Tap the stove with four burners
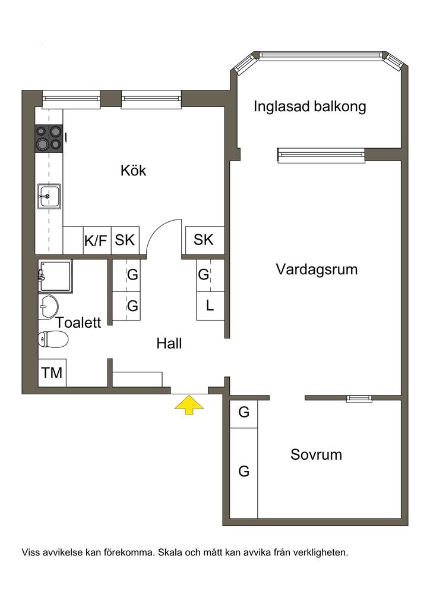tap(49, 137)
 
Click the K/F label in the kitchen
tap(96, 240)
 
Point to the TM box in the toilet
tap(52, 373)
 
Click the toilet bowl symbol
tap(53, 340)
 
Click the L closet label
tap(210, 306)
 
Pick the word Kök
tap(133, 171)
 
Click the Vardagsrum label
tap(317, 269)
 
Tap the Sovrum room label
tap(316, 455)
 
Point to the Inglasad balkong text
tap(309, 107)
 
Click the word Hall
tap(169, 343)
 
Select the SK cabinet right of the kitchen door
tap(204, 240)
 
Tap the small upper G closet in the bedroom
tap(244, 412)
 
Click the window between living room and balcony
tap(321, 155)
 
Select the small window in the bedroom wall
tap(358, 398)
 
